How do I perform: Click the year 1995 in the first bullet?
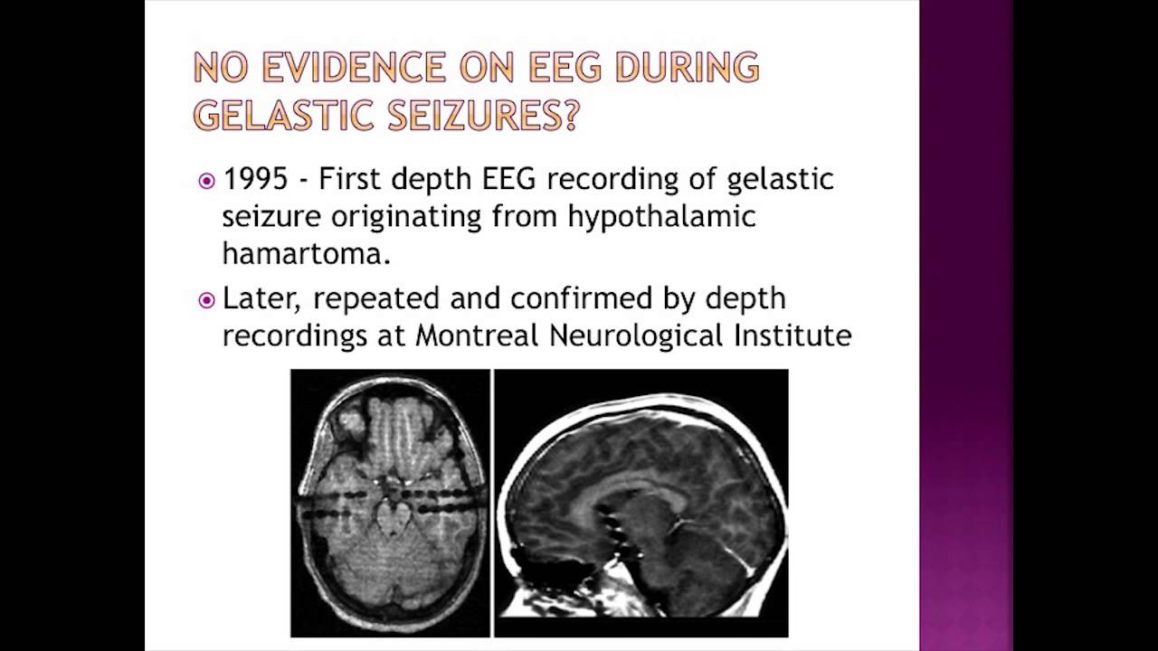click(254, 179)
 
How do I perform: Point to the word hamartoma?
click(306, 254)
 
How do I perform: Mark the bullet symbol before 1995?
click(206, 181)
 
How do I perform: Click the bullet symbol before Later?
click(206, 300)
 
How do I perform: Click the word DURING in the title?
click(688, 68)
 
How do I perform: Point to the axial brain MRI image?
click(390, 503)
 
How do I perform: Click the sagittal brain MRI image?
click(641, 503)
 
